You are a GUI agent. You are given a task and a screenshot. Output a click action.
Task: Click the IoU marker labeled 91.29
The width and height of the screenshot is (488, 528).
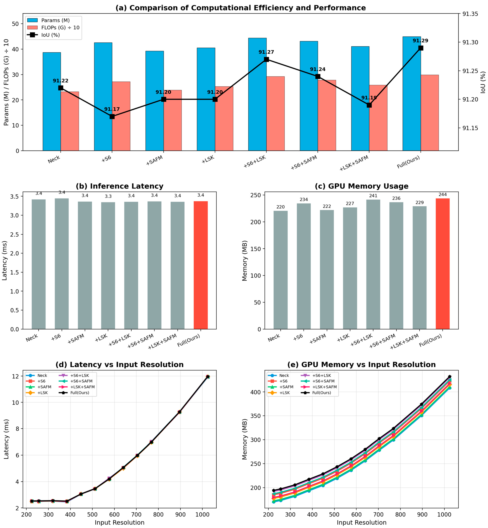tap(421, 48)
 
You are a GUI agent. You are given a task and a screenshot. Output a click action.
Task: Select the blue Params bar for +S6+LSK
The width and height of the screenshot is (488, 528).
tap(257, 94)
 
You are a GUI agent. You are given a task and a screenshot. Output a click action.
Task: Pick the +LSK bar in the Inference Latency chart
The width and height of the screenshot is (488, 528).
tap(108, 266)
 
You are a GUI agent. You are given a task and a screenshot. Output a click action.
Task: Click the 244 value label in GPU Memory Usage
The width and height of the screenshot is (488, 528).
tap(443, 195)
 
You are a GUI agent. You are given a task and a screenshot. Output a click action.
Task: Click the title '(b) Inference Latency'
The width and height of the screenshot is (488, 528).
tap(120, 186)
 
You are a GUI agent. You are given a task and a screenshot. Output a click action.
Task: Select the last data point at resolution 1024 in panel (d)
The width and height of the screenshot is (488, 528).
tap(208, 376)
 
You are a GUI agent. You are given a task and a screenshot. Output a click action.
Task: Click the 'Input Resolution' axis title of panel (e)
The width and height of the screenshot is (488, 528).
tap(361, 522)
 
